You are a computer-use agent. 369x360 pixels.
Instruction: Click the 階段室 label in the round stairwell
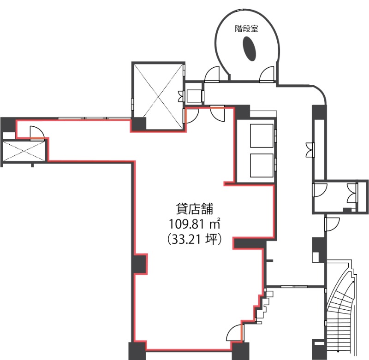point(246,29)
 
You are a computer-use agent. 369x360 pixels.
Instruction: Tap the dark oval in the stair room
point(249,49)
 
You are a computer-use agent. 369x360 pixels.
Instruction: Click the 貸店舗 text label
point(194,208)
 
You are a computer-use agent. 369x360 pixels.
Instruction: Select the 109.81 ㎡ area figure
point(194,224)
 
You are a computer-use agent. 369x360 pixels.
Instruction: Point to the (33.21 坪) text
point(194,239)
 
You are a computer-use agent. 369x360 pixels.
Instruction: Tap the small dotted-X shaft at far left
point(24,151)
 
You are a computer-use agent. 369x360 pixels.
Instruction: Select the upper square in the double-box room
point(262,136)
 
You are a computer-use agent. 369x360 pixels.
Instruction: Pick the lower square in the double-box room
point(262,165)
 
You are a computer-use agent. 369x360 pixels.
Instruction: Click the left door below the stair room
point(212,75)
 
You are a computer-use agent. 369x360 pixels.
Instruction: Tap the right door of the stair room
point(267,75)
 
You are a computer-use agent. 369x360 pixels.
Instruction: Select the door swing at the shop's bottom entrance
point(234,333)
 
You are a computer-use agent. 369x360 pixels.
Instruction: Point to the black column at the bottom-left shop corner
point(137,351)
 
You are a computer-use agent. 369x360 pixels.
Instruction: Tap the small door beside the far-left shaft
point(37,133)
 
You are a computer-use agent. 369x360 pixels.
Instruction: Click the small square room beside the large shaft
point(194,96)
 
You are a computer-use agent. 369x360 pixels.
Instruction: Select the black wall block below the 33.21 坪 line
point(250,243)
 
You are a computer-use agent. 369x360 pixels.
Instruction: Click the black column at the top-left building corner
point(8,124)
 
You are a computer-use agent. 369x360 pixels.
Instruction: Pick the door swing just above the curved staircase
point(332,224)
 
